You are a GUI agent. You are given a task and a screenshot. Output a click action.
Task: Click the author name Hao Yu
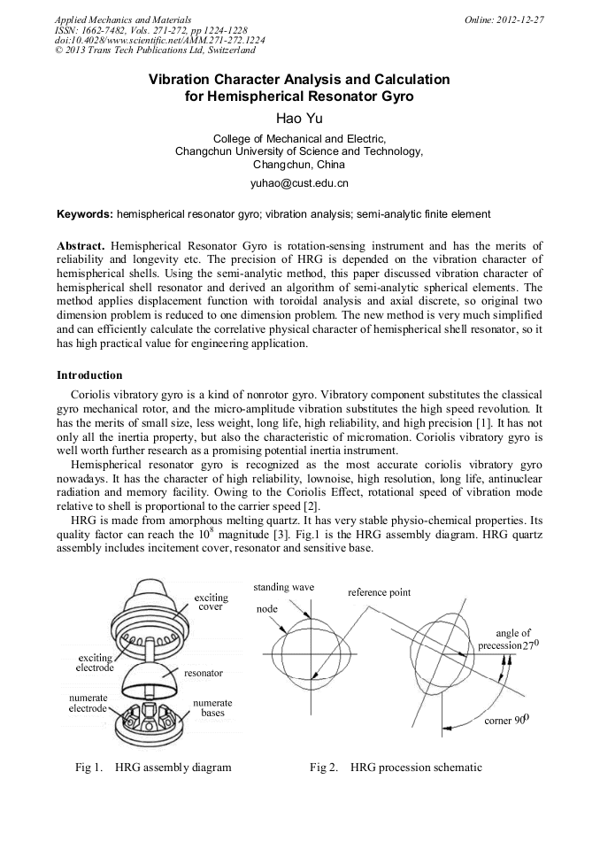299,119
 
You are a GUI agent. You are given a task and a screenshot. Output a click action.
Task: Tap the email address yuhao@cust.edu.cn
299,183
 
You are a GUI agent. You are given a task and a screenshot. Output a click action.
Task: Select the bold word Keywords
84,214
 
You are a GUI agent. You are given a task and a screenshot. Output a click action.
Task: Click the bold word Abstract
81,244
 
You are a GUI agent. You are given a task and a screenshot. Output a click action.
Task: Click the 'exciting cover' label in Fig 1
211,603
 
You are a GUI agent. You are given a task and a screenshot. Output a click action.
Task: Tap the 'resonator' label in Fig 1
203,674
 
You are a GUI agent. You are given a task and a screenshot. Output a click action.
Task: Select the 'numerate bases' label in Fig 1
212,707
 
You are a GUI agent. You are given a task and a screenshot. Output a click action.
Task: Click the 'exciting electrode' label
96,663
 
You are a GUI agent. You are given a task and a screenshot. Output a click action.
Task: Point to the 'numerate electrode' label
88,703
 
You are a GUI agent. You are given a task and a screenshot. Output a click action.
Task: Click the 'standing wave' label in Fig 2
283,588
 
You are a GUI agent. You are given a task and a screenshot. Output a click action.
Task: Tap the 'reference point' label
379,592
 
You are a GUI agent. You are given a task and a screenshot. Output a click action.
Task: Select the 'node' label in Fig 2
266,609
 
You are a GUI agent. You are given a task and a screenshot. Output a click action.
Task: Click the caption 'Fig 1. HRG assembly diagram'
153,767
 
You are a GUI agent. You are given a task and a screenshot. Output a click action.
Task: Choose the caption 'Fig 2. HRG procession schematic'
396,767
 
